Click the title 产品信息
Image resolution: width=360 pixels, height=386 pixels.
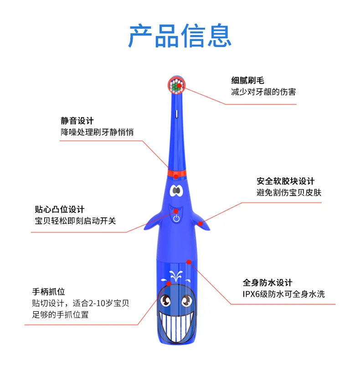pyautogui.click(x=180, y=36)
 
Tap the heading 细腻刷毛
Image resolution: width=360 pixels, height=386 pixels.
pyautogui.click(x=247, y=81)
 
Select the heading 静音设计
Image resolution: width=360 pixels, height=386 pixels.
pyautogui.click(x=77, y=121)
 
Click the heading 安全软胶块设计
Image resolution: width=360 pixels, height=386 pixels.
pyautogui.click(x=285, y=181)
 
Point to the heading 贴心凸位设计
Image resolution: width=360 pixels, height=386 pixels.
pyautogui.click(x=60, y=210)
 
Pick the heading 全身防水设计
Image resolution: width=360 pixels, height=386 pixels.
pyautogui.click(x=267, y=283)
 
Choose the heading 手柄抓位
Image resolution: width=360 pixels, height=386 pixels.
pyautogui.click(x=48, y=292)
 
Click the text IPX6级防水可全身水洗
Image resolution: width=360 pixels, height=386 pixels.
pyautogui.click(x=283, y=294)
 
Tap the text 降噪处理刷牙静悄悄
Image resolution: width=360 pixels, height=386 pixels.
pyautogui.click(x=97, y=132)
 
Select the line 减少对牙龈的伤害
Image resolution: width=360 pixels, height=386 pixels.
pyautogui.click(x=263, y=92)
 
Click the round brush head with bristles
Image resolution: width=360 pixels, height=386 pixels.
pyautogui.click(x=177, y=86)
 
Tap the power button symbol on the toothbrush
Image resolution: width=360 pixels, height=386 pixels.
pyautogui.click(x=176, y=218)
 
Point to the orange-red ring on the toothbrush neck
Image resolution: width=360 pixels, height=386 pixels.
pyautogui.click(x=176, y=173)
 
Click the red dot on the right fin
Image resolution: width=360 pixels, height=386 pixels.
pyautogui.click(x=201, y=223)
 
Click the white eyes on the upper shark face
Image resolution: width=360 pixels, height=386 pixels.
pyautogui.click(x=176, y=190)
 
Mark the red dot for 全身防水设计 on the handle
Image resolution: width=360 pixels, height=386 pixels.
pyautogui.click(x=189, y=262)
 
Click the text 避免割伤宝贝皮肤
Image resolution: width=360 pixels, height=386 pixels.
pyautogui.click(x=289, y=192)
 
